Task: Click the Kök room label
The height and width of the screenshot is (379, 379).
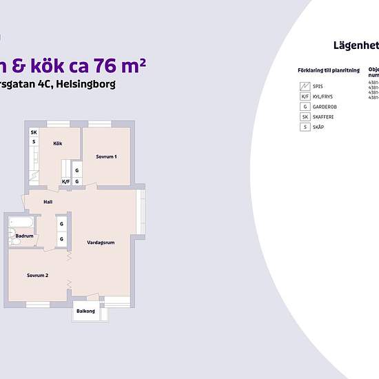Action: click(x=57, y=143)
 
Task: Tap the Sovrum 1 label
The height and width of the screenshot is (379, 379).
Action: click(x=106, y=157)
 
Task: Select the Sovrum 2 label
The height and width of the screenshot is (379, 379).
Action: click(x=37, y=276)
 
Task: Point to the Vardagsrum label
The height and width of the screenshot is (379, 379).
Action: click(x=101, y=243)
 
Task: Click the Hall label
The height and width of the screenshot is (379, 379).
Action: click(x=48, y=202)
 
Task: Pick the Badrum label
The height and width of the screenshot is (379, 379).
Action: click(x=25, y=236)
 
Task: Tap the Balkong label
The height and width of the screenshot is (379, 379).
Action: click(x=86, y=311)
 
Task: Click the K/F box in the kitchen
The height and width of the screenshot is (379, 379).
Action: click(x=66, y=182)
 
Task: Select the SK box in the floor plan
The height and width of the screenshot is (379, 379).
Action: click(x=33, y=132)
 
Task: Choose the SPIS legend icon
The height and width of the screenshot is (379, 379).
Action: click(x=304, y=86)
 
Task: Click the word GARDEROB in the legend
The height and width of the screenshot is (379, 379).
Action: click(x=325, y=107)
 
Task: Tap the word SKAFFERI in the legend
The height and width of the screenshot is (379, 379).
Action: click(x=324, y=117)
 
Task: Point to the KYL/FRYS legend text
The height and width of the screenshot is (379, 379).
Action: click(x=323, y=96)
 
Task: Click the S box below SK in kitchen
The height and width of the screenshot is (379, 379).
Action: click(x=33, y=142)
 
